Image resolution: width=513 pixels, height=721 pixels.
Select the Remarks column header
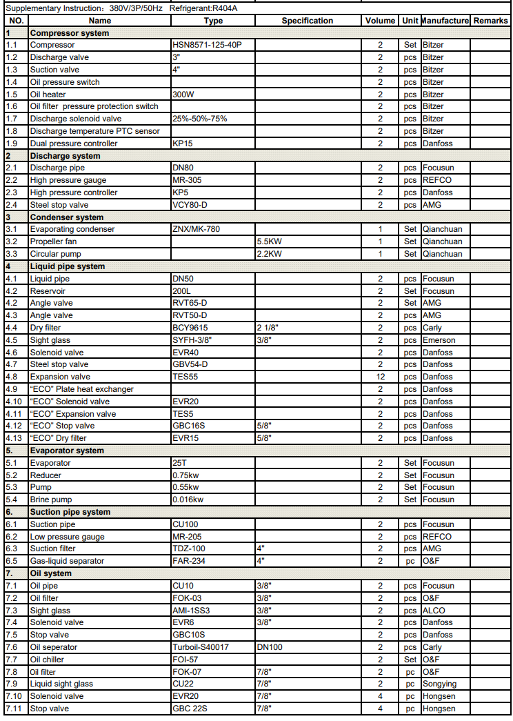click(x=491, y=21)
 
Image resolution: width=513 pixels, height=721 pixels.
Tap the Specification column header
click(x=307, y=21)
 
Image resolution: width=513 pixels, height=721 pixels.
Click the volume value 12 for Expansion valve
click(x=380, y=377)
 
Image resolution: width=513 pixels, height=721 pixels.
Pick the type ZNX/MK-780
click(x=196, y=229)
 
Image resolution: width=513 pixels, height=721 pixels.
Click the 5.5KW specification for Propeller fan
click(x=269, y=241)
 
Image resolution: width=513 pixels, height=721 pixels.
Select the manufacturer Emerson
click(x=439, y=340)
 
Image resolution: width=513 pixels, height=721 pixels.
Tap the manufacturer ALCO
click(x=434, y=611)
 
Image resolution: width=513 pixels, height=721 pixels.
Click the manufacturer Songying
click(x=441, y=684)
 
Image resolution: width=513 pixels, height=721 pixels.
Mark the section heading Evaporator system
click(x=66, y=451)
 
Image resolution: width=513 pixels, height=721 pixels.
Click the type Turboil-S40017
click(x=201, y=647)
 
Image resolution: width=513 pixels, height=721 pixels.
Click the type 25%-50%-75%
click(x=199, y=119)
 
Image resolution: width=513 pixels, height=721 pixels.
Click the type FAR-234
click(x=188, y=561)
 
